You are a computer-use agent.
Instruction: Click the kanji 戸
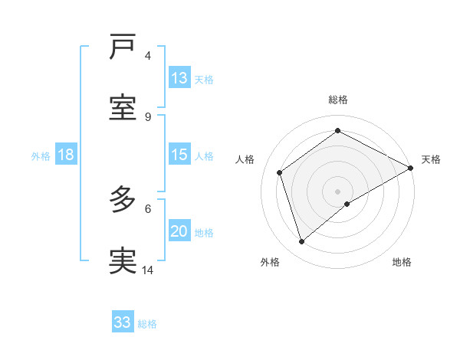(123, 47)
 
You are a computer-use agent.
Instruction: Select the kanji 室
(123, 107)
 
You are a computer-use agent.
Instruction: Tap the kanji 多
(123, 200)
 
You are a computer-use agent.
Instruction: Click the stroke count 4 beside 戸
(148, 56)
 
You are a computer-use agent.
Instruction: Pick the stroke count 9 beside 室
(148, 116)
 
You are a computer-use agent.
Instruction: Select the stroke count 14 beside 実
(148, 270)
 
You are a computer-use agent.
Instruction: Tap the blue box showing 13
(179, 78)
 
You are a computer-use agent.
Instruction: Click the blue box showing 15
(179, 155)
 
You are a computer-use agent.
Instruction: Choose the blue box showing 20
(179, 231)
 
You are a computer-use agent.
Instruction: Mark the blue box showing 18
(66, 155)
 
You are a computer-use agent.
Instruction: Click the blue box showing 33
(123, 322)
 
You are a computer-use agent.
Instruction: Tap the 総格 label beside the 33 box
(147, 324)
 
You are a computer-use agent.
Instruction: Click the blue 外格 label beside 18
(41, 155)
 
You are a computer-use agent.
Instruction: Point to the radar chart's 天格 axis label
(431, 159)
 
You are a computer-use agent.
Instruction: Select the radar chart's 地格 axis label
(402, 262)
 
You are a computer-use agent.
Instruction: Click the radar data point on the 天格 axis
(410, 168)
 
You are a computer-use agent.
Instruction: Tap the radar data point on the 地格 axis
(347, 204)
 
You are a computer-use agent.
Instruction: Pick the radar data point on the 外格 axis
(302, 242)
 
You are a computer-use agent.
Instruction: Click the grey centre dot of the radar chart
(337, 191)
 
